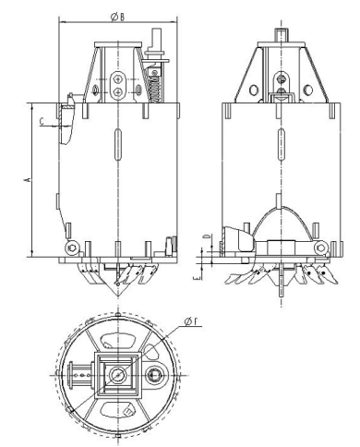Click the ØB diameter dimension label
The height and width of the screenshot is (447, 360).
tap(117, 18)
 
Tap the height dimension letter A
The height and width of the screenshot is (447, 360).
tap(27, 179)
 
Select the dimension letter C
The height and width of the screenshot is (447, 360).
tap(42, 122)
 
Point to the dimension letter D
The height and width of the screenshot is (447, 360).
tap(207, 236)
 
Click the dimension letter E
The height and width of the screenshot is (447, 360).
tap(198, 278)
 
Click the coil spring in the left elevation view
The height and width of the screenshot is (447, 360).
tap(154, 86)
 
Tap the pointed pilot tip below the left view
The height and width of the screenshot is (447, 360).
tap(118, 292)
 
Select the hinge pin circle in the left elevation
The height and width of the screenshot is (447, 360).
tap(72, 248)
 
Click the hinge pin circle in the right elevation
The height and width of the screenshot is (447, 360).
tap(320, 248)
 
